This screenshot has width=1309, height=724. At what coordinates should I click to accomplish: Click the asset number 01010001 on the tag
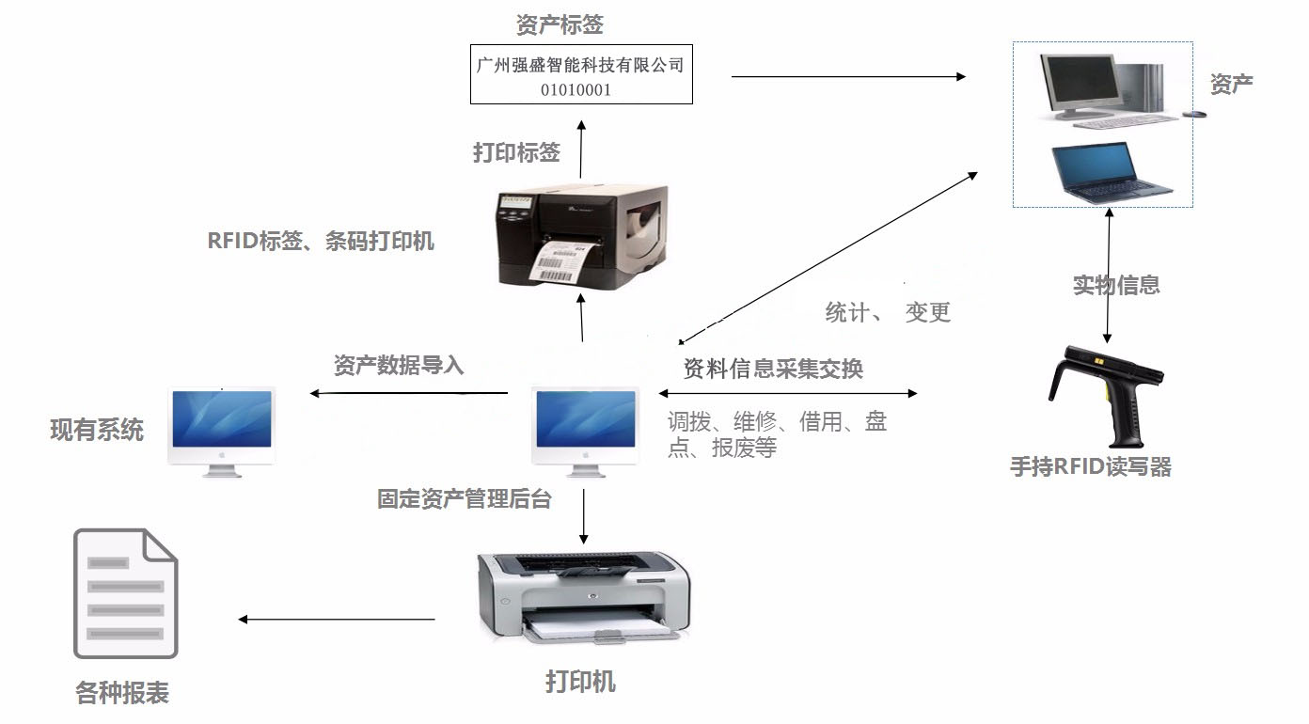576,89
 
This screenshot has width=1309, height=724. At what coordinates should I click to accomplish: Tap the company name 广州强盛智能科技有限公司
580,65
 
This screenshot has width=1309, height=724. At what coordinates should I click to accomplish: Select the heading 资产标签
560,24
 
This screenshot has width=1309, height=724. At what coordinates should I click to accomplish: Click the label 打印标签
516,152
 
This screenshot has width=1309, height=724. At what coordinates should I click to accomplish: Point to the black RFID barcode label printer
582,237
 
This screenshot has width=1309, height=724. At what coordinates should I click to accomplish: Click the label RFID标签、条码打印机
321,241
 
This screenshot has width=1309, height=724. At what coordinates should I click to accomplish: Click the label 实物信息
1116,285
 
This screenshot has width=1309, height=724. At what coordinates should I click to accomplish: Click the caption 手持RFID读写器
1091,467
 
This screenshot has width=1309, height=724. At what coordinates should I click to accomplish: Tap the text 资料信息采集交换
773,369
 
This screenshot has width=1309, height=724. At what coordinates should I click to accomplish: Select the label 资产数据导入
399,365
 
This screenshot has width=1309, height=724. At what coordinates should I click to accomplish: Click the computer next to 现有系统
222,432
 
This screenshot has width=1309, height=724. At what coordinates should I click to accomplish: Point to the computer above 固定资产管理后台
586,432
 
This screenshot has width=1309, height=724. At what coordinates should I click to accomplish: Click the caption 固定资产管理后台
464,499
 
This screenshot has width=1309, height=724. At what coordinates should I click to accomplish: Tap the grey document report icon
126,593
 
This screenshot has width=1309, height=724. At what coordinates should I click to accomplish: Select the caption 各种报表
122,693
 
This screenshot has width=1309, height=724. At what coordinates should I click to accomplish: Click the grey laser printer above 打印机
584,597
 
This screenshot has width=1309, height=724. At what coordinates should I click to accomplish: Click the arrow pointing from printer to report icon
337,620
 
